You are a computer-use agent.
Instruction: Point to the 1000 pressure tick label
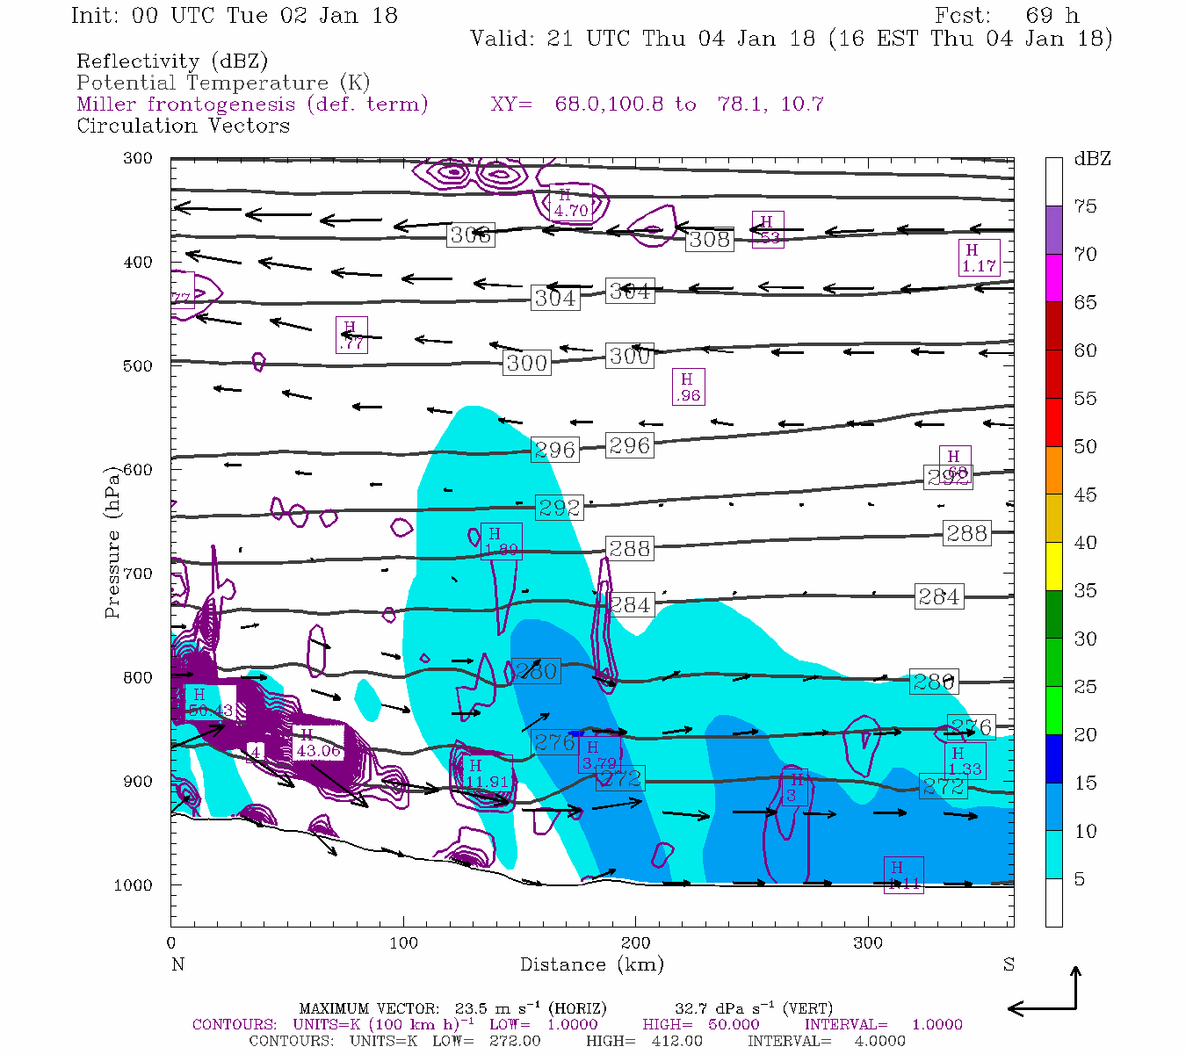coord(133,884)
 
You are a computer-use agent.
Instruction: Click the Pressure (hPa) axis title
coord(112,542)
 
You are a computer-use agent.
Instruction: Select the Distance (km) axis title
coord(591,964)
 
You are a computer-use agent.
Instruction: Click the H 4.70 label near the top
coord(570,203)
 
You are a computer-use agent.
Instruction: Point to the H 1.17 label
coord(979,258)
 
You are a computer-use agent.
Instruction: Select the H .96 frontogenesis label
coord(688,387)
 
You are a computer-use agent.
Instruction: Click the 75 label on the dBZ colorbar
coord(1085,206)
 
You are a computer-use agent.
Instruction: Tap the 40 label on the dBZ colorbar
coord(1085,543)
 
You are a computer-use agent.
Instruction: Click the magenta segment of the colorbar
coord(1053,278)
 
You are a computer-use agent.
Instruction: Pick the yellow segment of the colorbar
coord(1053,567)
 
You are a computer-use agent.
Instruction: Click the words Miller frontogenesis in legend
coord(186,105)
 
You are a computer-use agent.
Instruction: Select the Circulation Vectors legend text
coord(183,126)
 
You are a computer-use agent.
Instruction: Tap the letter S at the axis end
coord(1009,964)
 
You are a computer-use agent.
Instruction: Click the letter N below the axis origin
coord(177,964)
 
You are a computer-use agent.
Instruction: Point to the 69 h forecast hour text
coord(1052,16)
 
